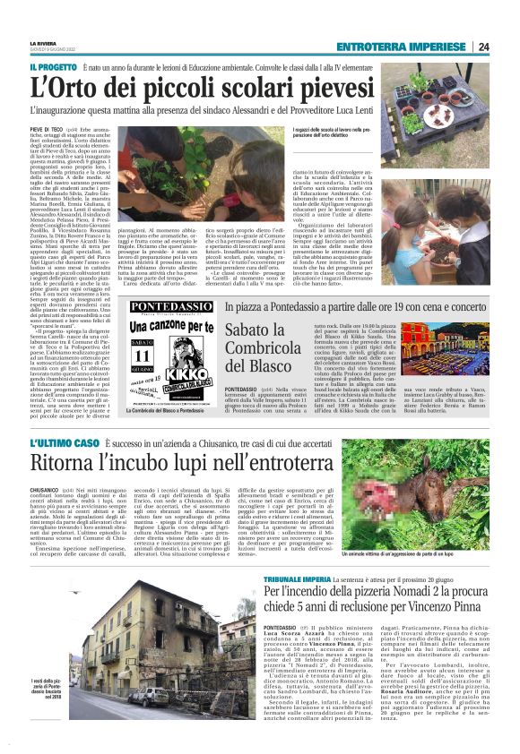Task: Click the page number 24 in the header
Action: tap(483, 47)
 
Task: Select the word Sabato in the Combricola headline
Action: tap(226, 328)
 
